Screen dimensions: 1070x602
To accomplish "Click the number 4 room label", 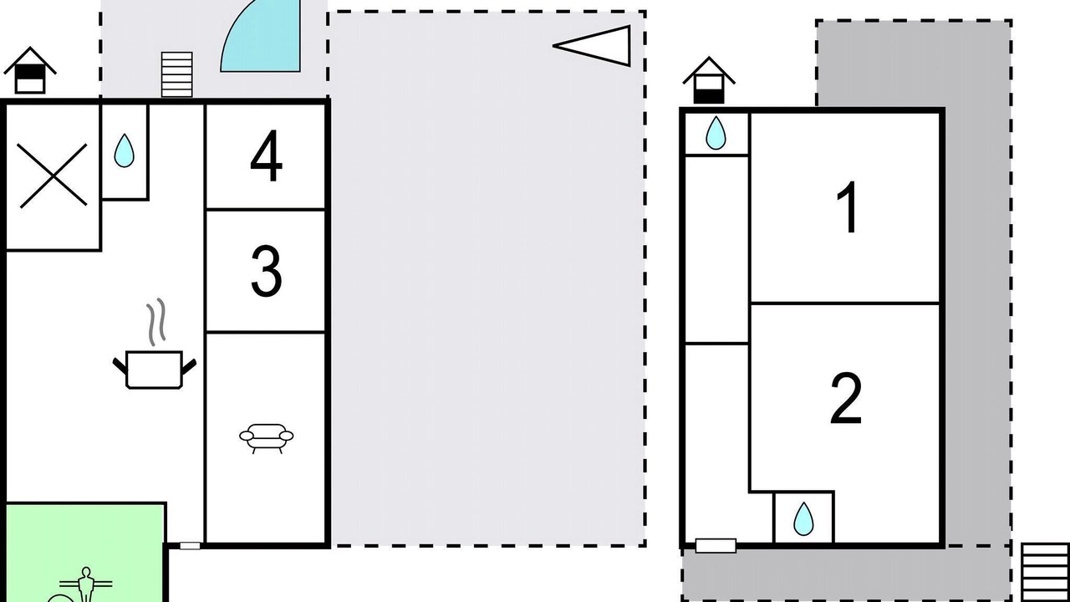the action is pyautogui.click(x=266, y=156).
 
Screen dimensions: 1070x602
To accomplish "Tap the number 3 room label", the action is pyautogui.click(x=266, y=271).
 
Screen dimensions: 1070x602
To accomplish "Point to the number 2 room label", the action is pyautogui.click(x=846, y=399).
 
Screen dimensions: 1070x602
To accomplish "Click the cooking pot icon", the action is pyautogui.click(x=155, y=370).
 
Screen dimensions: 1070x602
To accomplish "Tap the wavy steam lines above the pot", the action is pyautogui.click(x=156, y=322).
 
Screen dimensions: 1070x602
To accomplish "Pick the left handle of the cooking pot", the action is pyautogui.click(x=120, y=366).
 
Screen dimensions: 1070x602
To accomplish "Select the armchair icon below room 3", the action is pyautogui.click(x=266, y=437).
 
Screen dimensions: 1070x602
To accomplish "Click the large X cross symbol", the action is pyautogui.click(x=53, y=176).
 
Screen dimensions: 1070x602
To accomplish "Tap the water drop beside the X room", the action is pyautogui.click(x=125, y=150).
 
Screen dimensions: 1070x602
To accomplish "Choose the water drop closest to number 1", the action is pyautogui.click(x=716, y=133).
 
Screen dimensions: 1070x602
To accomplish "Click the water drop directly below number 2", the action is pyautogui.click(x=803, y=519).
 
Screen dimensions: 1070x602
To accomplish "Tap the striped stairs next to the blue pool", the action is pyautogui.click(x=176, y=74).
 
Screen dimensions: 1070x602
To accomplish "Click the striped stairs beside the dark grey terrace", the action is pyautogui.click(x=1045, y=573).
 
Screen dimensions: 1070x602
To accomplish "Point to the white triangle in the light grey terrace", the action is pyautogui.click(x=593, y=46).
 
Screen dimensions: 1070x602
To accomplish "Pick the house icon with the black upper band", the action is pyautogui.click(x=30, y=70).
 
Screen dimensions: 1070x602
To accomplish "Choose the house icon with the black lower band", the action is pyautogui.click(x=709, y=80).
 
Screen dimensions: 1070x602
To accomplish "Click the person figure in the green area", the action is pyautogui.click(x=86, y=584).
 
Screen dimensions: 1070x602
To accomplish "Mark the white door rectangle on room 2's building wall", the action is pyautogui.click(x=716, y=546).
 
